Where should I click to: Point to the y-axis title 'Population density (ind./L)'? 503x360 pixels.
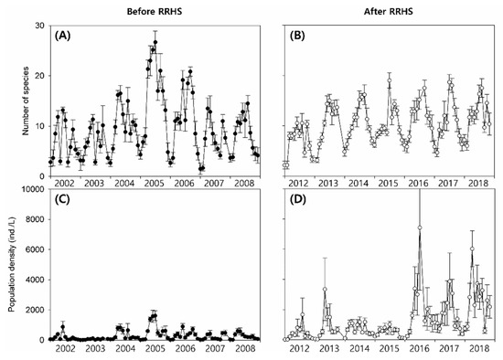point(11,264)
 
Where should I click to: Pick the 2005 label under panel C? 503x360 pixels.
point(154,349)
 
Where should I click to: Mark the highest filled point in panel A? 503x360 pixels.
point(155,41)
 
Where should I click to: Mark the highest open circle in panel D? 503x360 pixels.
point(419,228)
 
